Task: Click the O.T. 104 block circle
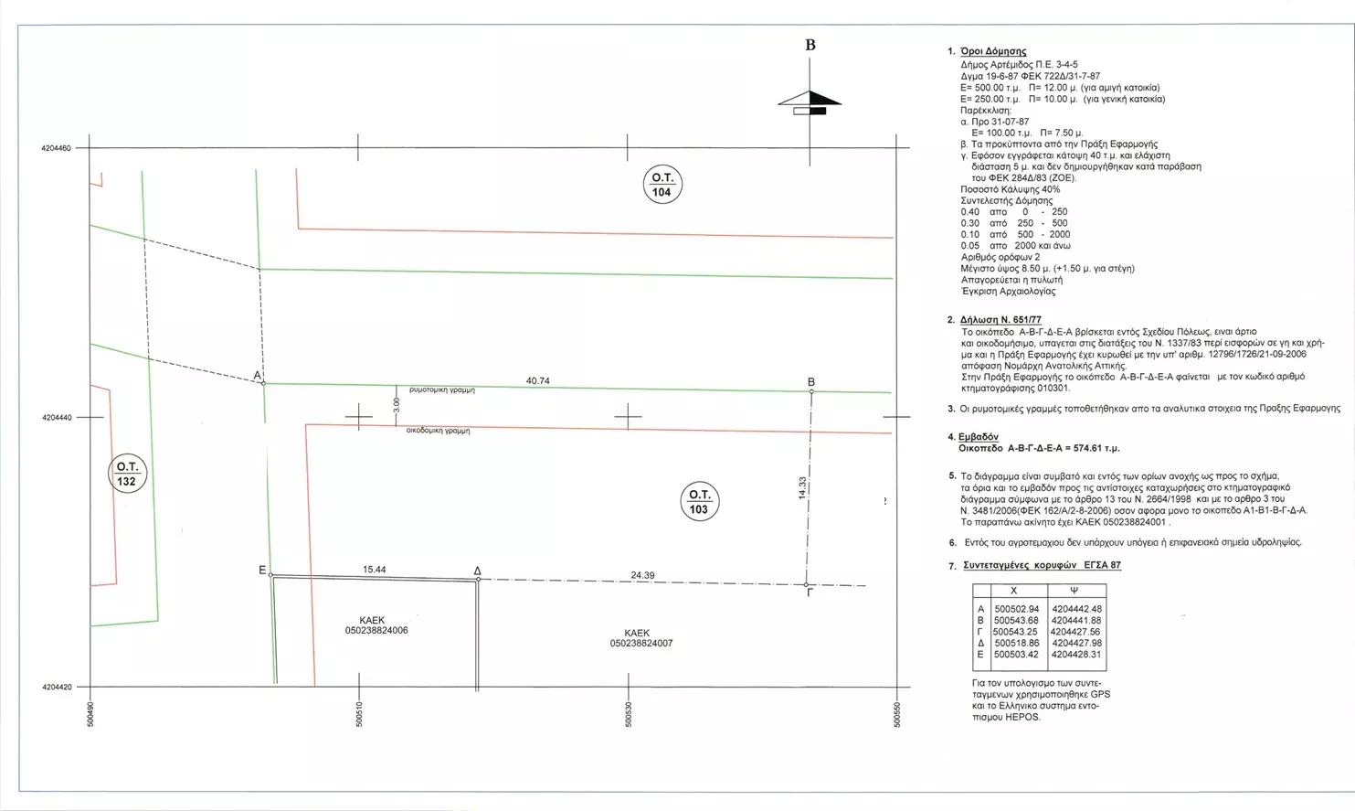coord(662,185)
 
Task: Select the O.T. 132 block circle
coord(126,474)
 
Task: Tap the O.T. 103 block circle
coord(699,502)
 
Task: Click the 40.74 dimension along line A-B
coord(538,380)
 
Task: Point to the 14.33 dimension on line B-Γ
coord(801,488)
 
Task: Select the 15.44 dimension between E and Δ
coord(375,570)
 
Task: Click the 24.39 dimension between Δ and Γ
coord(642,575)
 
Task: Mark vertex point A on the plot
coord(263,383)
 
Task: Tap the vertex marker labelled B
coord(811,391)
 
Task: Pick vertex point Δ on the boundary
coord(478,579)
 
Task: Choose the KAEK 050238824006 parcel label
coord(376,625)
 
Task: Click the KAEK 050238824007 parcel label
coord(640,638)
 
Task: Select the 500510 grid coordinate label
coord(360,714)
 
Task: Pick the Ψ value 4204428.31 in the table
coord(1076,655)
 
